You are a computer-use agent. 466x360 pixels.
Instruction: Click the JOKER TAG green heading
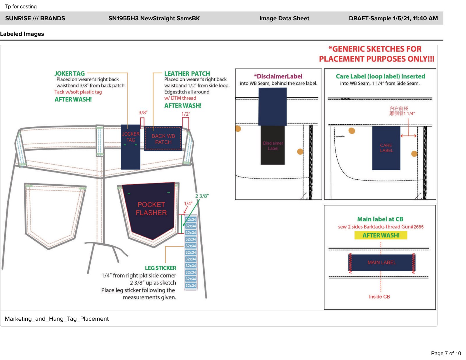[x=70, y=74]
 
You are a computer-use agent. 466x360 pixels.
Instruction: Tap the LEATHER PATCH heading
[x=187, y=74]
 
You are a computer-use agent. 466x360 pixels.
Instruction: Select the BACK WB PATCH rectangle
[x=163, y=139]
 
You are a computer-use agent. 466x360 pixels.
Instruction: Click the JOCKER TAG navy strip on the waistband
[x=130, y=147]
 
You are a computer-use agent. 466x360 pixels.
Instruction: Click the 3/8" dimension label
[x=143, y=112]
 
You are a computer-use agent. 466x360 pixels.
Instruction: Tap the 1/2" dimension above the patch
[x=186, y=114]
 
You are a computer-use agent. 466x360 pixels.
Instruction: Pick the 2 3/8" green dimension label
[x=202, y=196]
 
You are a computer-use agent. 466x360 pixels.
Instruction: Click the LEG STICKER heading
[x=160, y=268]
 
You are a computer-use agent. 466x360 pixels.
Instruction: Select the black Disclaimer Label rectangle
[x=273, y=145]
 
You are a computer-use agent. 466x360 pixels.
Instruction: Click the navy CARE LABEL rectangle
[x=386, y=148]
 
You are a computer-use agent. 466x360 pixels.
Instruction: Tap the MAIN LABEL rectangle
[x=382, y=262]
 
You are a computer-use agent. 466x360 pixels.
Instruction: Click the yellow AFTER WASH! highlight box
[x=381, y=235]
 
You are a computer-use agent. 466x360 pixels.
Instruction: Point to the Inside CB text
[x=379, y=297]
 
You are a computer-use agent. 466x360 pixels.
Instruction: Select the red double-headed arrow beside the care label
[x=408, y=136]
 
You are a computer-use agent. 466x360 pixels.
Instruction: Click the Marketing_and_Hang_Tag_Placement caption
[x=57, y=319]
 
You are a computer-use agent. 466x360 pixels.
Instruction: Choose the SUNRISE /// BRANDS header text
[x=35, y=18]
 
